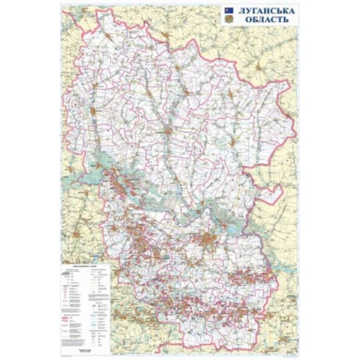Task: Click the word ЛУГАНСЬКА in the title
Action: click(265, 11)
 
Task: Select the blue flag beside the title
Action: click(229, 10)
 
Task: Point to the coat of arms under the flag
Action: click(229, 20)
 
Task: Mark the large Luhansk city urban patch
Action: click(207, 241)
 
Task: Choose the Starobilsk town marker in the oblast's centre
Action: click(170, 131)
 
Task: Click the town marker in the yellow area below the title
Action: click(257, 64)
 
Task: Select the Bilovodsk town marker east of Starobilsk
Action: click(230, 139)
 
